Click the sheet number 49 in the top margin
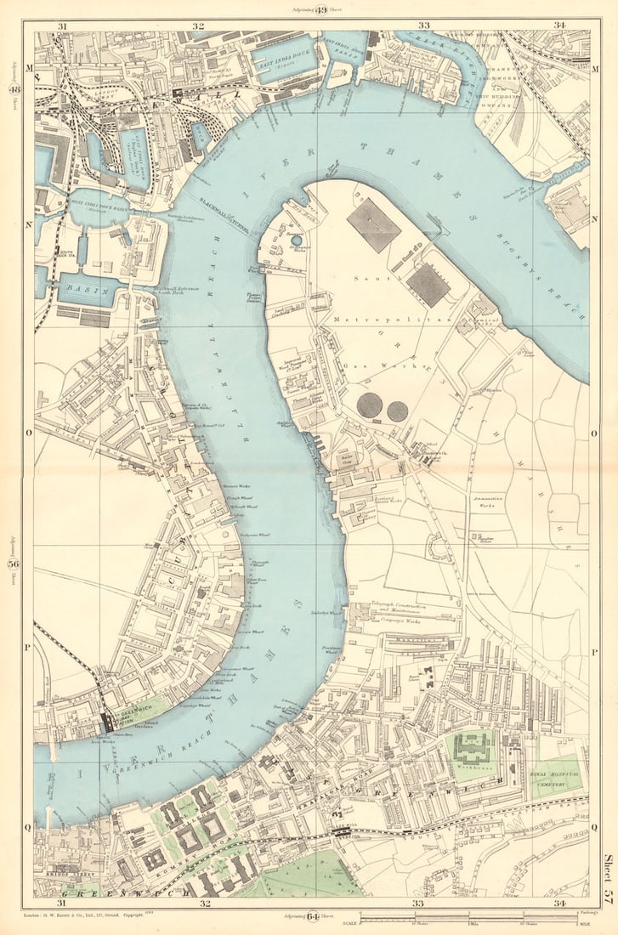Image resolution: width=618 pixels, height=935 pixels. [321, 10]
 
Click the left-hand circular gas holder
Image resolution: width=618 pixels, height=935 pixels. [369, 405]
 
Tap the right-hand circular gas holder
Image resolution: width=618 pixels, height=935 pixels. [397, 411]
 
